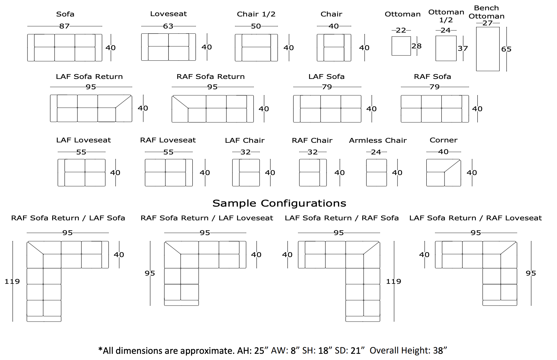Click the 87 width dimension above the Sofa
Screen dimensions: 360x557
tap(64, 26)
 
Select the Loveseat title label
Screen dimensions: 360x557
tap(168, 14)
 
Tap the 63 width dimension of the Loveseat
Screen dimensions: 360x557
tap(168, 26)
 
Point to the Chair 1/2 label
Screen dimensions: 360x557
tap(256, 14)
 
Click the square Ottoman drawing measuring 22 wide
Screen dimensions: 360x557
tap(401, 46)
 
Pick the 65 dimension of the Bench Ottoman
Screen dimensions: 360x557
tap(506, 49)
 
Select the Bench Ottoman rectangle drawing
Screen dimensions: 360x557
tap(487, 49)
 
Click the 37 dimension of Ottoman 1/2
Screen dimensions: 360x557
tap(463, 48)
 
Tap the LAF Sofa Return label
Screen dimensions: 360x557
tap(89, 77)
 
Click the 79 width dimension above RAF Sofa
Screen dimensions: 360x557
tap(435, 87)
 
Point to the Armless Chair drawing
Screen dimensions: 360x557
tap(376, 173)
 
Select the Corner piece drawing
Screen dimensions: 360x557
tap(443, 173)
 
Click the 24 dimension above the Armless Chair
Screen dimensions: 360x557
tap(376, 152)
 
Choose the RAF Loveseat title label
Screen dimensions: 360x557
tap(168, 140)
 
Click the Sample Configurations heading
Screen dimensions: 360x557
tap(279, 203)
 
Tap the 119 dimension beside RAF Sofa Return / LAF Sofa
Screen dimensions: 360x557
tap(12, 281)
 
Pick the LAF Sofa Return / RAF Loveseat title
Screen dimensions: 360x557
tap(475, 218)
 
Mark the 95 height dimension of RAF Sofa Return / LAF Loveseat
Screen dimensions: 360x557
tap(150, 273)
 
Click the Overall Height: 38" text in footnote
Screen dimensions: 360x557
tap(408, 350)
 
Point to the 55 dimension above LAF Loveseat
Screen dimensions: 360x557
tap(81, 152)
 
